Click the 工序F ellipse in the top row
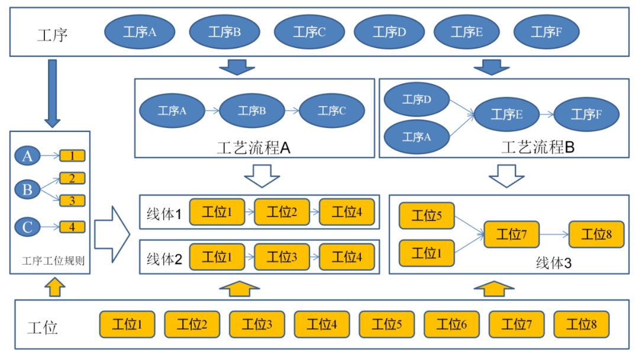(x=546, y=33)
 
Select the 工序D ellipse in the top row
(x=389, y=33)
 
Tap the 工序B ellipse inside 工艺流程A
(x=251, y=110)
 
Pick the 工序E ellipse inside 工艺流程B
(x=506, y=115)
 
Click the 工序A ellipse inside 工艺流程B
(x=417, y=137)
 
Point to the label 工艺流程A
(x=253, y=148)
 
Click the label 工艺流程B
(x=538, y=147)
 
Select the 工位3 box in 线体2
(x=282, y=258)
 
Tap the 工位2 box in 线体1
(x=282, y=212)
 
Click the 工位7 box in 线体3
(x=511, y=234)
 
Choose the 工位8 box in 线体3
(x=596, y=234)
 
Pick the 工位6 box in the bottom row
(x=451, y=324)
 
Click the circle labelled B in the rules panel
(x=27, y=190)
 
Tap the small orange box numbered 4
(x=72, y=227)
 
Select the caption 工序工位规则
(x=53, y=261)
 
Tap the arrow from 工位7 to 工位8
(x=554, y=234)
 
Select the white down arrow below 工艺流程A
(x=261, y=176)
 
